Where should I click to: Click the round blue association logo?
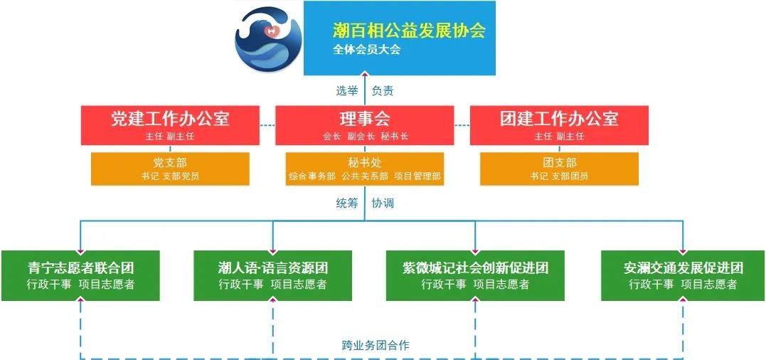[x=269, y=39]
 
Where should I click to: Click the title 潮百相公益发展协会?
[x=410, y=31]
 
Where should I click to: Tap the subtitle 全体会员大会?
[x=367, y=50]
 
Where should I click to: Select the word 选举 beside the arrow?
[x=347, y=90]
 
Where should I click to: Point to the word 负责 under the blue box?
[x=383, y=90]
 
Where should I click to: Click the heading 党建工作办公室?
[x=170, y=119]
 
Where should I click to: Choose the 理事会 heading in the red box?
[x=365, y=119]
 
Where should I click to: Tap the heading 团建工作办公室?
[x=559, y=119]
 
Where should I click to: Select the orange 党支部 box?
[x=170, y=169]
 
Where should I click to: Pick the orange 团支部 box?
[x=559, y=169]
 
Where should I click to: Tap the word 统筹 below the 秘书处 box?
[x=347, y=203]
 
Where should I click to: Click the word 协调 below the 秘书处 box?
[x=383, y=203]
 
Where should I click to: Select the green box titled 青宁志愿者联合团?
[x=80, y=275]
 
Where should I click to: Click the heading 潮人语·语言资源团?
[x=272, y=268]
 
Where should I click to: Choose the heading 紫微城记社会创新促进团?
[x=475, y=268]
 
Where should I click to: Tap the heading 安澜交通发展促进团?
[x=683, y=268]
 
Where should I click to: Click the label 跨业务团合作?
[x=376, y=345]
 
